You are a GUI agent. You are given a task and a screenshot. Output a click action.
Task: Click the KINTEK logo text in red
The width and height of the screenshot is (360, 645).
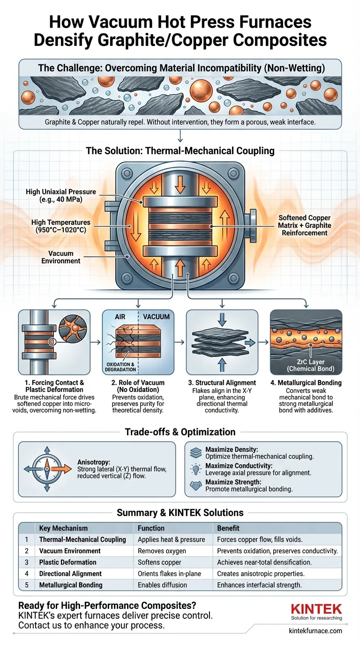316,609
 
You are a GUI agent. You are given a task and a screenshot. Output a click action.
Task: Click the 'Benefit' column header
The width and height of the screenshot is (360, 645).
228,528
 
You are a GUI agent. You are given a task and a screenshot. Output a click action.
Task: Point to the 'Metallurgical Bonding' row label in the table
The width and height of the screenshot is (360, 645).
71,585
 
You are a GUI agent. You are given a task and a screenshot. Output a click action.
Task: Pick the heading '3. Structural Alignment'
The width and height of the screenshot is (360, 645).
222,382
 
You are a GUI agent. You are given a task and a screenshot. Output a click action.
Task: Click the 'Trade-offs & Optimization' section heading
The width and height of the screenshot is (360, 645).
180,432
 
